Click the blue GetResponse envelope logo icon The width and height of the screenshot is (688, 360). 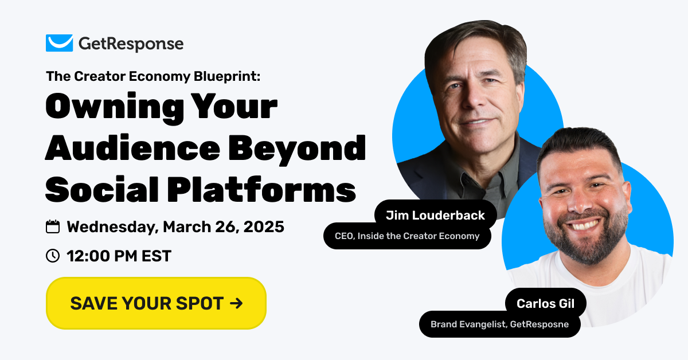coord(59,43)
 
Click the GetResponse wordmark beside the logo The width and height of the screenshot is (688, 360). coord(131,44)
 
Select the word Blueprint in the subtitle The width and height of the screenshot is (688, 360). coord(227,76)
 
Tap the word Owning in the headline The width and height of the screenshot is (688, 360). coord(115,107)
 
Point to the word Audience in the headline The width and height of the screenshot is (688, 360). coord(132,148)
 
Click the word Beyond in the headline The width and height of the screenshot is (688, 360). coord(297,150)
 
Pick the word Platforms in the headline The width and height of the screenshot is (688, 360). coord(261,189)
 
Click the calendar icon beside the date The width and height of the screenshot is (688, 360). coord(53,227)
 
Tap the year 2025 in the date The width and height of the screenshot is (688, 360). coord(264,227)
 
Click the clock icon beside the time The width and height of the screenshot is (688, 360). coord(53,256)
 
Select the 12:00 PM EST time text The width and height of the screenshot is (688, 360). coord(119,256)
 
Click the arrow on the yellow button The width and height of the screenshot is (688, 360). coord(236,303)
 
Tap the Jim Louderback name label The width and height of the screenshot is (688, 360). coord(435,216)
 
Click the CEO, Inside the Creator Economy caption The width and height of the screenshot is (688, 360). coord(407,236)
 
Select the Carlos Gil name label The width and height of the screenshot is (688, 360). coord(545,303)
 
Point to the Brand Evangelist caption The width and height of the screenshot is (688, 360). coord(500,324)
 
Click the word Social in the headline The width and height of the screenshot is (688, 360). coord(102,189)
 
